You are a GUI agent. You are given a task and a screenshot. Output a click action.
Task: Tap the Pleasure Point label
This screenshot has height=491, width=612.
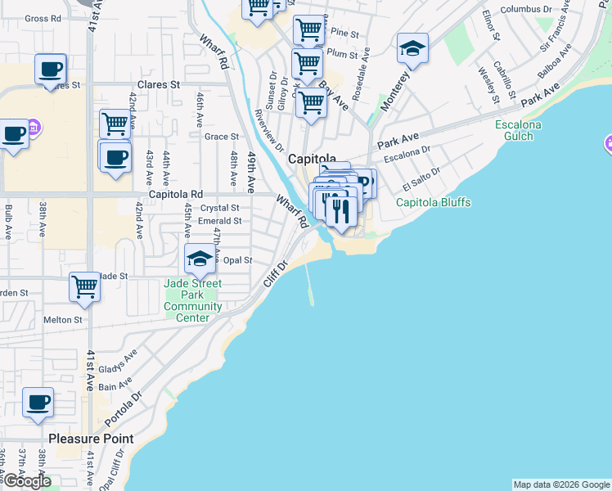[x=91, y=439]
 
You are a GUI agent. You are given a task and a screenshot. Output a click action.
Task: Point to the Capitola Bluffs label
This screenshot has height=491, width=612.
[x=434, y=202]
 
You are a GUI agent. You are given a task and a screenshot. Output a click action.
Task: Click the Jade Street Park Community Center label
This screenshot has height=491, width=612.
[x=193, y=295]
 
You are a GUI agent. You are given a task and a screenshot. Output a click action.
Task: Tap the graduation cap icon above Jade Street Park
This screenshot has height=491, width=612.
[x=200, y=260]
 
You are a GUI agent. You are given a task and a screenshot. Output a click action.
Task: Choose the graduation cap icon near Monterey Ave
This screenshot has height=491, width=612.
[x=412, y=49]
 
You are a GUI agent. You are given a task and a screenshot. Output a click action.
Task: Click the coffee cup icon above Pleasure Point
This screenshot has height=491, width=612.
[x=38, y=403]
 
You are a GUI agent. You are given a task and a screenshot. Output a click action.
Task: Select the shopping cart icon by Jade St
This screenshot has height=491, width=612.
[x=85, y=286]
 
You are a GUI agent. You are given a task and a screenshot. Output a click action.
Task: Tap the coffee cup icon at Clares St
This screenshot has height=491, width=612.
[x=51, y=69]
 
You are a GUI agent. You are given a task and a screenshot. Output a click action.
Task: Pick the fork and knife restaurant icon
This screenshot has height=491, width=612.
[x=340, y=209]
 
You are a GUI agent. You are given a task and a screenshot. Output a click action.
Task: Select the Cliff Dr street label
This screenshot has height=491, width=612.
[x=277, y=274]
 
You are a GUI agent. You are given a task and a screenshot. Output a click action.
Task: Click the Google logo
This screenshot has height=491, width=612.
[x=26, y=482]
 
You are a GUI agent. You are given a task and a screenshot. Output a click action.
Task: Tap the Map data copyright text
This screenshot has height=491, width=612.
[x=560, y=484]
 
